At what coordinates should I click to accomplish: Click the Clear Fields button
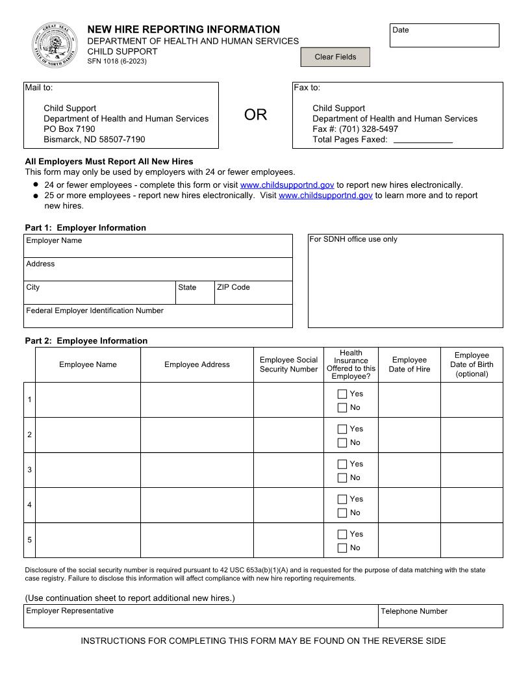click(x=335, y=57)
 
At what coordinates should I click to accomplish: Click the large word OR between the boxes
click(x=255, y=115)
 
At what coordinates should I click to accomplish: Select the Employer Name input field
click(x=158, y=248)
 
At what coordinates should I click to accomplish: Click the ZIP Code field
click(x=253, y=294)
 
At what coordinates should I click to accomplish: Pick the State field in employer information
click(x=195, y=294)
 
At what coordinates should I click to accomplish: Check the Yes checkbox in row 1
click(x=342, y=394)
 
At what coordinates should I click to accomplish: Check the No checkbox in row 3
click(x=342, y=478)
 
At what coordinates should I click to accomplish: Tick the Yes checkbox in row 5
click(x=342, y=534)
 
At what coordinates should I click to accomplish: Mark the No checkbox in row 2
click(x=342, y=443)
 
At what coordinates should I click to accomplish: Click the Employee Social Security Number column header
click(x=288, y=364)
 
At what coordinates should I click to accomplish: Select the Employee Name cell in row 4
click(x=88, y=505)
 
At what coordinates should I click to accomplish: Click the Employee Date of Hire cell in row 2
click(x=409, y=435)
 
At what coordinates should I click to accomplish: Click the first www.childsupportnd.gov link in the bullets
click(x=287, y=185)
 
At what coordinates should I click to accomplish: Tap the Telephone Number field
click(x=440, y=617)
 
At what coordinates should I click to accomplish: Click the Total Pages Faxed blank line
click(x=423, y=140)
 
